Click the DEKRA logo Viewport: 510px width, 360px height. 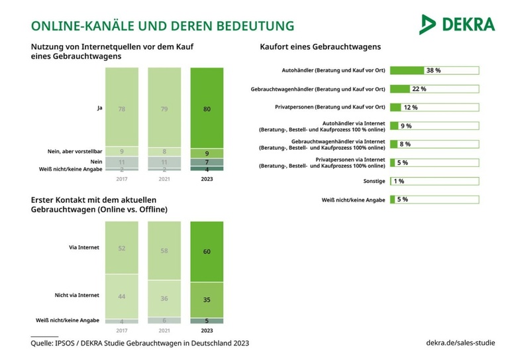tap(456, 24)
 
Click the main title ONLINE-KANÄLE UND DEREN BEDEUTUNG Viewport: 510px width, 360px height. tap(162, 26)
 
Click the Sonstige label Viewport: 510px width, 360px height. tap(372, 181)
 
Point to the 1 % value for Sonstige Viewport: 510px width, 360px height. tap(399, 181)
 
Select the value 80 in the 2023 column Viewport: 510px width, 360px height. tap(207, 109)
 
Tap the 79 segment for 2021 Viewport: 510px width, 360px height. tap(164, 108)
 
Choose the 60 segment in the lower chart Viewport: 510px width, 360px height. tap(207, 252)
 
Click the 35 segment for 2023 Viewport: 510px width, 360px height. tap(207, 299)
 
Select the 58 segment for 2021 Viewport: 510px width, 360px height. tap(164, 251)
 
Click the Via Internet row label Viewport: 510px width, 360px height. tap(83, 247)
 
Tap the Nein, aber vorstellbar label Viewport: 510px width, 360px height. tap(68, 150)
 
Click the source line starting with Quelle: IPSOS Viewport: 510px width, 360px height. tap(140, 343)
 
